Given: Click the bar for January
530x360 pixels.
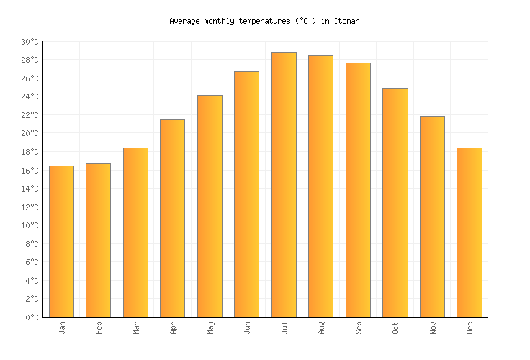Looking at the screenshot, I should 61,241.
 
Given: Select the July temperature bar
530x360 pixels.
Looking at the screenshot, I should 284,184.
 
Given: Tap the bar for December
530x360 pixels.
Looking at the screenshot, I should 469,232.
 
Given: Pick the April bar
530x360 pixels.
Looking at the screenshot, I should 172,217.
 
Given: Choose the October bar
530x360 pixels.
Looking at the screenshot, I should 395,202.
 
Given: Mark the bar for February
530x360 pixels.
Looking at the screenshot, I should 98,240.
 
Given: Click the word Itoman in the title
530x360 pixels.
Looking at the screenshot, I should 346,22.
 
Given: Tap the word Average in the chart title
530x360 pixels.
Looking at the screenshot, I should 184,22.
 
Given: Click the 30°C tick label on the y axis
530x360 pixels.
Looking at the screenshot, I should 30,42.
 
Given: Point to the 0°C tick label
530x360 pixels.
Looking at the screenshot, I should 32,318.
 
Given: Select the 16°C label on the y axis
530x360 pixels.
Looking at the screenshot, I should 30,171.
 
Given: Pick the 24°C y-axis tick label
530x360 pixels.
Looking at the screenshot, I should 30,97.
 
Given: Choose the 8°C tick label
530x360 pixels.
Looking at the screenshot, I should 32,244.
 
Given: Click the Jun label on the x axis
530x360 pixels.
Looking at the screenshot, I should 247,328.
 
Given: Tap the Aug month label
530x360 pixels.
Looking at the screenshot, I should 321,328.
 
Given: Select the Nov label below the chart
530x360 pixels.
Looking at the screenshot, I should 432,328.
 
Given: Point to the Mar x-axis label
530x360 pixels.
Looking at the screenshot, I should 136,328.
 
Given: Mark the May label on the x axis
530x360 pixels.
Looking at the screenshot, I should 210,328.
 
